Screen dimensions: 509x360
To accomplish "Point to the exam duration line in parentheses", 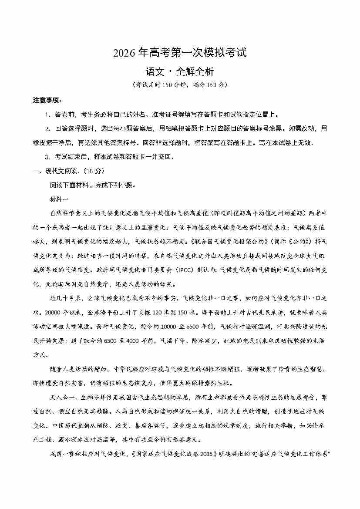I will [180, 84].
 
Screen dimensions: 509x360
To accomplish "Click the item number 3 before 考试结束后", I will [47, 157].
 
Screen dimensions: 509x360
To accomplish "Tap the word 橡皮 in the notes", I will [40, 143].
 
